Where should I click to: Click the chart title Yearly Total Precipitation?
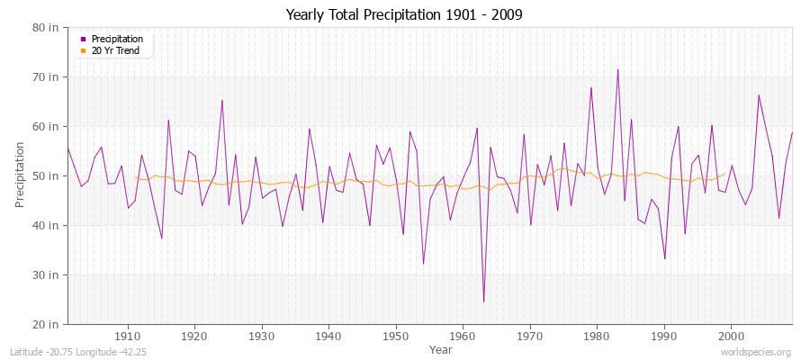pyautogui.click(x=404, y=15)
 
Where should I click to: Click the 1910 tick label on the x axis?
pyautogui.click(x=128, y=336)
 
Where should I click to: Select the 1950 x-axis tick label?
pyautogui.click(x=396, y=336)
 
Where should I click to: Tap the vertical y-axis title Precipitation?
pyautogui.click(x=20, y=175)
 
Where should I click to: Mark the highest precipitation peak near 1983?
pyautogui.click(x=617, y=69)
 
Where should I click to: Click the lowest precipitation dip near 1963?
pyautogui.click(x=483, y=301)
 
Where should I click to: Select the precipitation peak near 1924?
pyautogui.click(x=222, y=100)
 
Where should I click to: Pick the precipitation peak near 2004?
pyautogui.click(x=759, y=94)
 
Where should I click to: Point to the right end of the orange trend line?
pyautogui.click(x=724, y=175)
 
